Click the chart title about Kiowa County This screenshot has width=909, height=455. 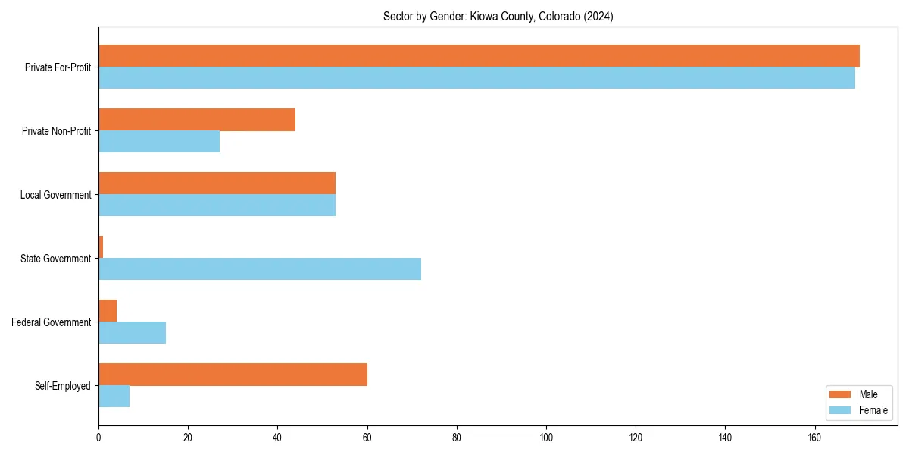click(x=498, y=17)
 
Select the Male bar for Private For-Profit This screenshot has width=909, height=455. click(x=479, y=56)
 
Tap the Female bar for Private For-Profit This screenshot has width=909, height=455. click(x=476, y=78)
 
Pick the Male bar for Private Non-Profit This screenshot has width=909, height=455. click(x=197, y=120)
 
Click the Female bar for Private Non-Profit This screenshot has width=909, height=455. click(x=159, y=142)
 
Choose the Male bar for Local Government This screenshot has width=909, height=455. click(x=217, y=184)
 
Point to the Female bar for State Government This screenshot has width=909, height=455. click(x=260, y=269)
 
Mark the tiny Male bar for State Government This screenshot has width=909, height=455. click(x=101, y=247)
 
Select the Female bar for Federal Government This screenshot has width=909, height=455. click(x=132, y=333)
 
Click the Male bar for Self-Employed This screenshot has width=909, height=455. click(x=233, y=375)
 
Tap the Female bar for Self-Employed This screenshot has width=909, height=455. click(x=114, y=397)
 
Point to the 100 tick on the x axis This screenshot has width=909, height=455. click(x=546, y=438)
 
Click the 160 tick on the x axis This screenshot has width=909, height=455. click(x=814, y=438)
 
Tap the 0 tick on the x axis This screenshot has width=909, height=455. click(x=98, y=438)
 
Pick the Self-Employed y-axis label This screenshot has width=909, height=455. click(x=63, y=386)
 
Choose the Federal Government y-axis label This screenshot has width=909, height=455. click(x=52, y=322)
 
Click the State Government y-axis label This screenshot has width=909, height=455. click(x=56, y=259)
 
